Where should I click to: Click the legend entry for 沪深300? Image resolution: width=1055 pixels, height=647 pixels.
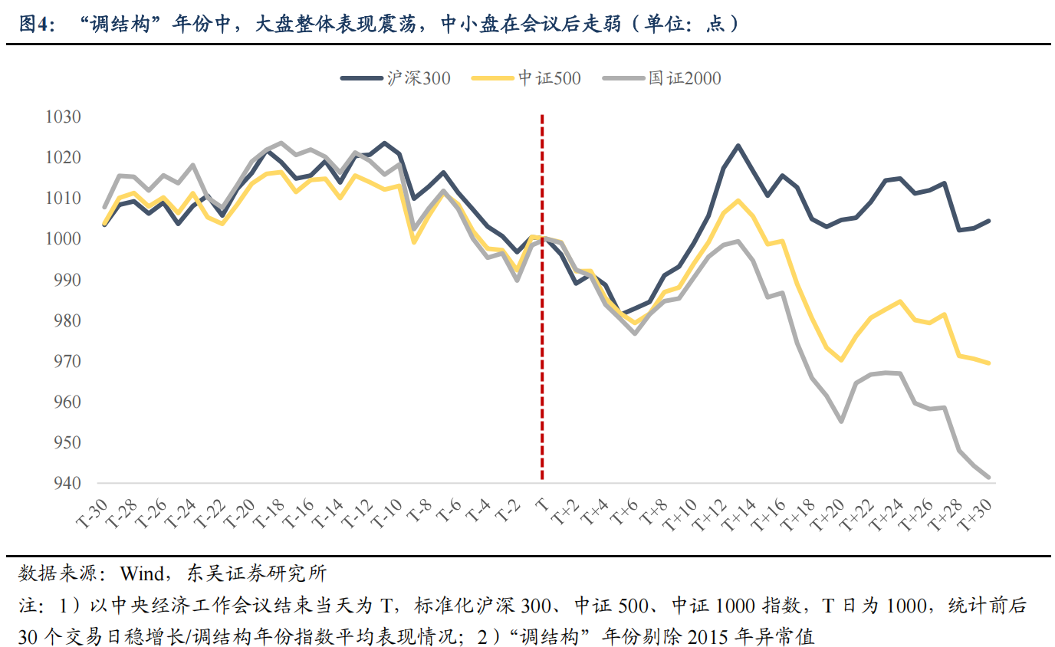pos(396,77)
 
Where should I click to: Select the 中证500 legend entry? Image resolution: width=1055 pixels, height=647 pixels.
pos(527,77)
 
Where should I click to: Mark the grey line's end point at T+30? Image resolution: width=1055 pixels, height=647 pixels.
pos(988,478)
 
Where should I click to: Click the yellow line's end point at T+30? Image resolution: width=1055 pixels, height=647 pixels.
pos(988,363)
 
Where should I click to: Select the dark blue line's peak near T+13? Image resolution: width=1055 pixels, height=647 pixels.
pos(738,146)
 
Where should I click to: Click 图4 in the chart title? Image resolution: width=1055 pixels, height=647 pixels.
pos(35,24)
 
